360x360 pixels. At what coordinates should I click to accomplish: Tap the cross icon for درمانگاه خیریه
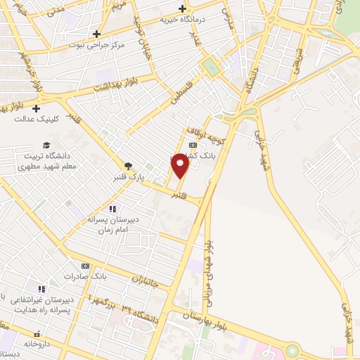pos(182,9)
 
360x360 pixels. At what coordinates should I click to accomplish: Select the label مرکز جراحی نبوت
pos(96,44)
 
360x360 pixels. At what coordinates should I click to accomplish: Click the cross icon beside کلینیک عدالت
pos(35,108)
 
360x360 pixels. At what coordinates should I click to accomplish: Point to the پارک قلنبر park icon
pos(127,166)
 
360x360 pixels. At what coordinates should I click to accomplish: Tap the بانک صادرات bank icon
pos(86,266)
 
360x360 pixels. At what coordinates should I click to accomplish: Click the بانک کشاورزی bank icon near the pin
pos(193,146)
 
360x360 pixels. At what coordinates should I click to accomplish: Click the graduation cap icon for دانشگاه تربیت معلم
pos(46,145)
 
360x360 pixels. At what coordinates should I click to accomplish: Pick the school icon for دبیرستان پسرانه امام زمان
pos(112,208)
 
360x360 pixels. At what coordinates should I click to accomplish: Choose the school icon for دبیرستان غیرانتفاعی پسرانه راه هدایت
pos(41,288)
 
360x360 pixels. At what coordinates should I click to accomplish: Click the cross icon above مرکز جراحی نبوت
pos(96,34)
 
